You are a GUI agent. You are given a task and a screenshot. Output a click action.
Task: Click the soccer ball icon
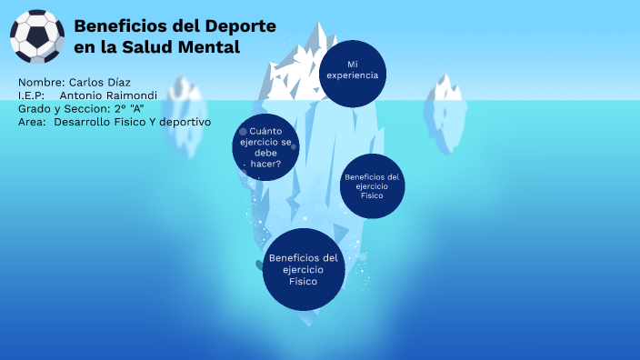[x=36, y=36]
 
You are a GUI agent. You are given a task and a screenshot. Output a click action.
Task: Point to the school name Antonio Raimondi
[x=108, y=95]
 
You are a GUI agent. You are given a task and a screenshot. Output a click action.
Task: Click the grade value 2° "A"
[x=130, y=108]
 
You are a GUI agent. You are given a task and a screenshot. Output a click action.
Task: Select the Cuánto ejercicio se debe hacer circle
[x=265, y=147]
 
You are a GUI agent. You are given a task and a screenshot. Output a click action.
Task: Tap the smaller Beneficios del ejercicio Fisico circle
[x=372, y=185]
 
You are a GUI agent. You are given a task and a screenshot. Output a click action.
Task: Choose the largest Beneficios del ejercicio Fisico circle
[x=303, y=269]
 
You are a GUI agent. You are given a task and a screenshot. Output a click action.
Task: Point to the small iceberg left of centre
[x=186, y=97]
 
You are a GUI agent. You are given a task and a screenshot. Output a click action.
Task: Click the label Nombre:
[x=41, y=82]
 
